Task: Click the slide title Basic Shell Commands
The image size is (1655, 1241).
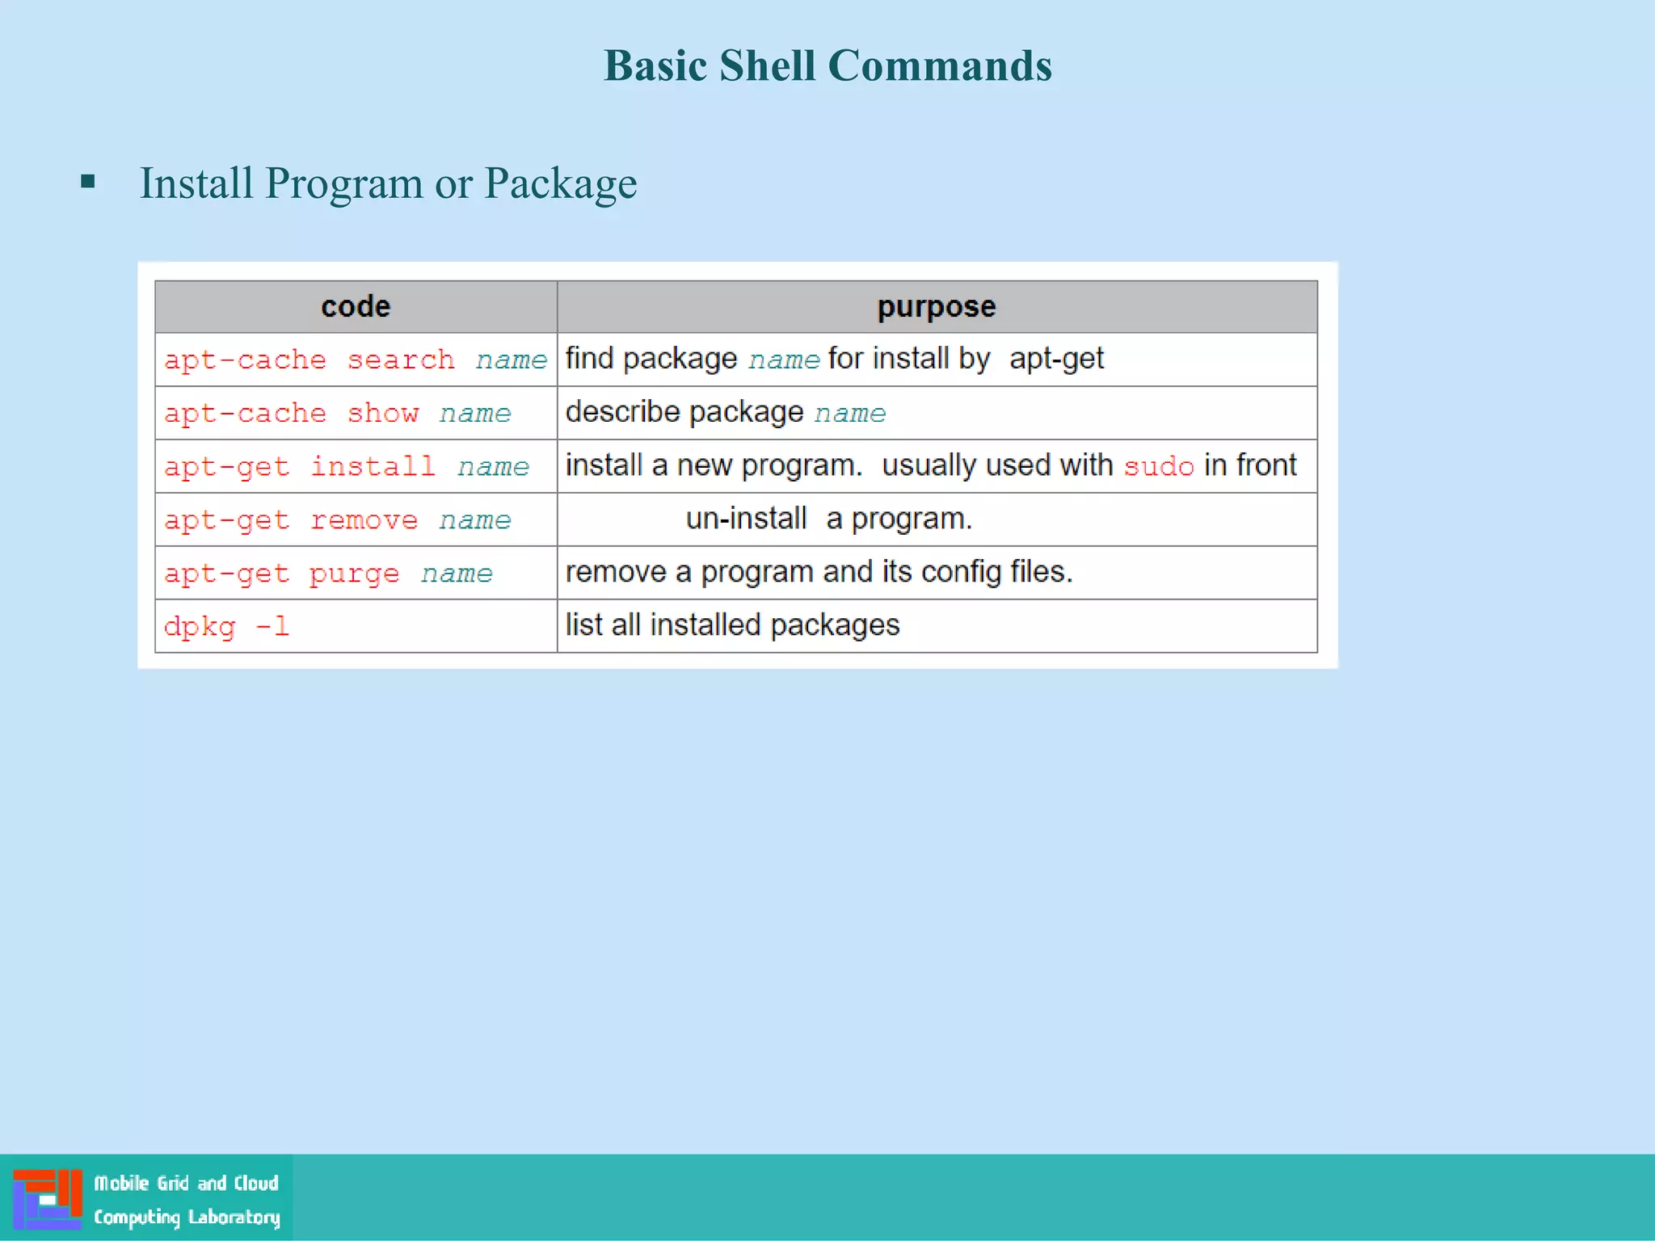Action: (x=827, y=65)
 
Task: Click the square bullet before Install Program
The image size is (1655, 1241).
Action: (x=88, y=182)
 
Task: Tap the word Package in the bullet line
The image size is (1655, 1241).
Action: (x=560, y=183)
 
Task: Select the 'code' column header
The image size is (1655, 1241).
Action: (x=356, y=307)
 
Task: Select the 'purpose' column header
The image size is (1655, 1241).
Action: (x=937, y=307)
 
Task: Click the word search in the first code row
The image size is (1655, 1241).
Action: (x=401, y=360)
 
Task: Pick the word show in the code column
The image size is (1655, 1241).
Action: (x=383, y=413)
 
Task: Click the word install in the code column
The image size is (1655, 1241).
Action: (x=373, y=466)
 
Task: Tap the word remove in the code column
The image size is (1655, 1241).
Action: (x=364, y=520)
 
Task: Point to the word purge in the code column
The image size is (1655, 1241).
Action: (x=354, y=574)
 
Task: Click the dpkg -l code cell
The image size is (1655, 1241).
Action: (x=226, y=626)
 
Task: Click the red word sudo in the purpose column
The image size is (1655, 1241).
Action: (x=1158, y=466)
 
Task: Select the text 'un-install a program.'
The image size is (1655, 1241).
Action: (x=828, y=519)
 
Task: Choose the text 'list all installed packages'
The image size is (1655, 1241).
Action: (x=732, y=625)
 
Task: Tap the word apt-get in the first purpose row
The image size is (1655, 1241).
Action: (x=1056, y=359)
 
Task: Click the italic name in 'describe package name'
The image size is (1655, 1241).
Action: (x=849, y=413)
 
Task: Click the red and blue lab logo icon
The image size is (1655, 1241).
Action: (x=48, y=1198)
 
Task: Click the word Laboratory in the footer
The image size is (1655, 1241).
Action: (x=234, y=1217)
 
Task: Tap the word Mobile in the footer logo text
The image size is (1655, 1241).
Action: (x=122, y=1184)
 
